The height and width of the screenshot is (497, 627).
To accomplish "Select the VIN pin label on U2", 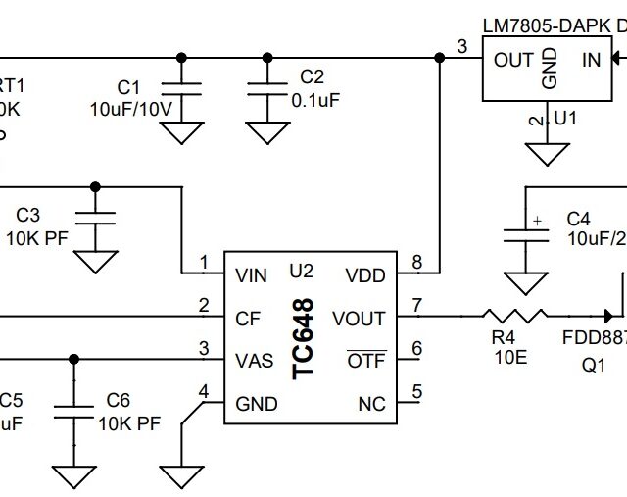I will tap(253, 275).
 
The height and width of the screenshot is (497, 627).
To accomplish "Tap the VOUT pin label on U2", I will tap(359, 319).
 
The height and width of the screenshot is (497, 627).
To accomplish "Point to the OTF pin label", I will tap(367, 361).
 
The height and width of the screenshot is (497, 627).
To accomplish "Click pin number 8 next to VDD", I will tap(416, 262).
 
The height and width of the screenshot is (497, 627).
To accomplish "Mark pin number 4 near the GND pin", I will tap(204, 391).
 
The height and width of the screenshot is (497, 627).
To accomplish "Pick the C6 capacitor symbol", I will tap(71, 409).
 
